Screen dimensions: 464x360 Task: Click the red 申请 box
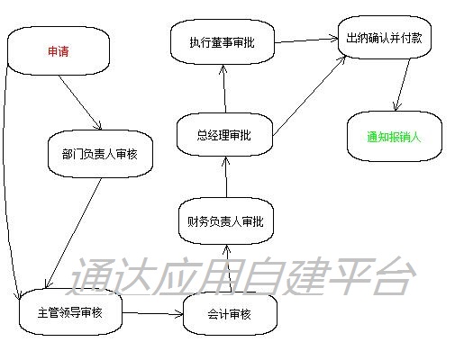59,51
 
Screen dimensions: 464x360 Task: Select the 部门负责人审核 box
100,154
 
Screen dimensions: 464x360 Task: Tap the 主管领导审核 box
70,312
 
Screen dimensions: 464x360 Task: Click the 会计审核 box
230,314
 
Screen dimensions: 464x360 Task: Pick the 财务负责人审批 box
226,221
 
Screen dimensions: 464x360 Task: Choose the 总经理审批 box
224,135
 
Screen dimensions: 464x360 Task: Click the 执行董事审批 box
223,42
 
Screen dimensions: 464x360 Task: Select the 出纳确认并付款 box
385,38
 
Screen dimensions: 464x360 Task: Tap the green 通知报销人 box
395,137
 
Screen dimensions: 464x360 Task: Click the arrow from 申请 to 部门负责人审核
80,103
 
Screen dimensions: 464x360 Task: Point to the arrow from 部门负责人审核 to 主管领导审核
73,233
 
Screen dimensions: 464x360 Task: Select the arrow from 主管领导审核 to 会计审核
152,313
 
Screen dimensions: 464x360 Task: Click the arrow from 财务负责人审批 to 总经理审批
226,177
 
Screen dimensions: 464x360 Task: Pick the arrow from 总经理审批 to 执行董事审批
223,89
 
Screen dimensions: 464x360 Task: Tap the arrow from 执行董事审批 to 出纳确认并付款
306,40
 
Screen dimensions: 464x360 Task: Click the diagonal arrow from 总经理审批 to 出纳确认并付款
309,95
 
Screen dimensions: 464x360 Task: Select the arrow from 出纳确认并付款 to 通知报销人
403,85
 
